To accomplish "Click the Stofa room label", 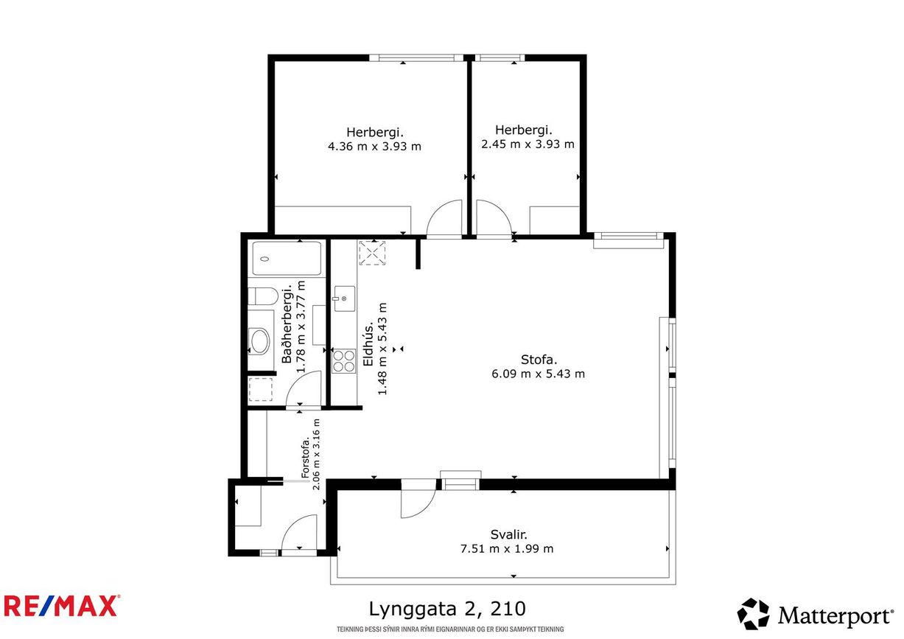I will pyautogui.click(x=539, y=360).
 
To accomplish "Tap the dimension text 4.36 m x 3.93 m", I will pyautogui.click(x=374, y=146).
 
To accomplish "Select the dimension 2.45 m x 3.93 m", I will pyautogui.click(x=528, y=144).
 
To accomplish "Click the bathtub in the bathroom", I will pyautogui.click(x=287, y=259).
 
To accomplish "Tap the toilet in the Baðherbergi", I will pyautogui.click(x=262, y=296).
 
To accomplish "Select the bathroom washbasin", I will pyautogui.click(x=261, y=341).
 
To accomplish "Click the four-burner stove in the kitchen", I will pyautogui.click(x=343, y=360).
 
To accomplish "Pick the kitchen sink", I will pyautogui.click(x=343, y=298).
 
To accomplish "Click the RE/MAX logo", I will pyautogui.click(x=61, y=606).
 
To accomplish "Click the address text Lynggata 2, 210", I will pyautogui.click(x=447, y=609).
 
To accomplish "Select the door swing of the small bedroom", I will pyautogui.click(x=491, y=219).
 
